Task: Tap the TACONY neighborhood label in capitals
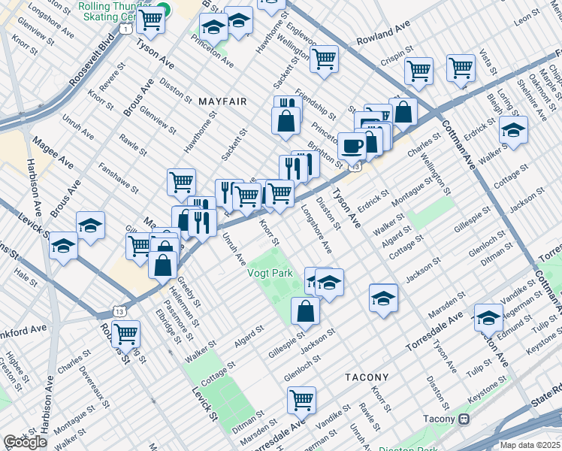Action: (x=367, y=377)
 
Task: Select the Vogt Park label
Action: (x=270, y=274)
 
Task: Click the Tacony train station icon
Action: (x=464, y=419)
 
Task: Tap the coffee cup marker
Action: (x=351, y=144)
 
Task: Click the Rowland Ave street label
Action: (x=384, y=35)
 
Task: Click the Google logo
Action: (x=25, y=442)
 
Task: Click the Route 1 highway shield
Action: (x=130, y=28)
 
